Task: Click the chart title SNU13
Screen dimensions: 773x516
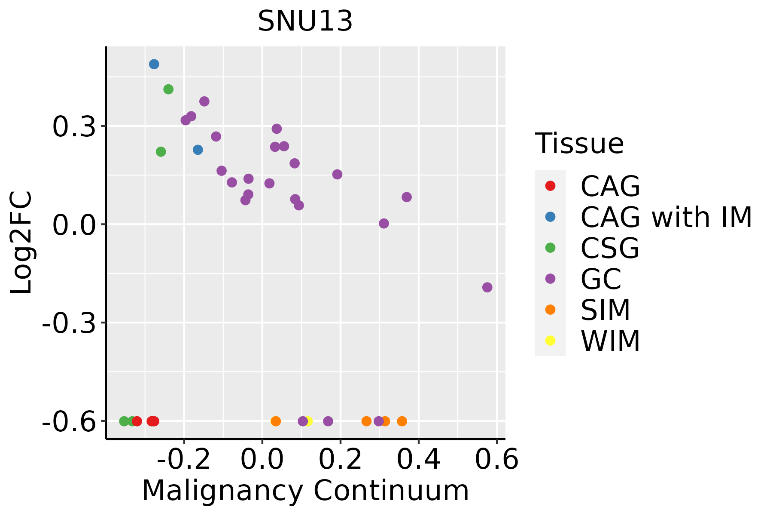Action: click(305, 21)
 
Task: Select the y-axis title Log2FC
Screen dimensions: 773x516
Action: click(21, 243)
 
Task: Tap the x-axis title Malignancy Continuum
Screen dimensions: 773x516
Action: click(305, 491)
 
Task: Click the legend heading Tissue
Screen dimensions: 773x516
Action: click(579, 144)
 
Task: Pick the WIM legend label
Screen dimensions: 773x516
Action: click(610, 341)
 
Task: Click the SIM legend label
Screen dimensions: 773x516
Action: click(606, 310)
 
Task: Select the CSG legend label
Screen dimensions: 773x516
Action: click(610, 248)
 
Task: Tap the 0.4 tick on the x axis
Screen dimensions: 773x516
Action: click(418, 460)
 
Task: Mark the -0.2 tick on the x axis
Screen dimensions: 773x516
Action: click(184, 460)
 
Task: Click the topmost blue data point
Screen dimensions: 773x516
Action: click(154, 64)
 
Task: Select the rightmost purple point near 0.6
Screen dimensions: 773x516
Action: click(487, 287)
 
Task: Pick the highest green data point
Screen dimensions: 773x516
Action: click(168, 89)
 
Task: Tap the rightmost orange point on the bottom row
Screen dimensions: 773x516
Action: click(402, 421)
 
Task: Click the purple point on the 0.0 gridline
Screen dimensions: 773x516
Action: click(384, 224)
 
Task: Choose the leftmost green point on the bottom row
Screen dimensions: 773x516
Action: click(124, 421)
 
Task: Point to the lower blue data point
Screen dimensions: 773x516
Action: click(198, 150)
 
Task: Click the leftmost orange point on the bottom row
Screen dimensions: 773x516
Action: click(276, 421)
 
